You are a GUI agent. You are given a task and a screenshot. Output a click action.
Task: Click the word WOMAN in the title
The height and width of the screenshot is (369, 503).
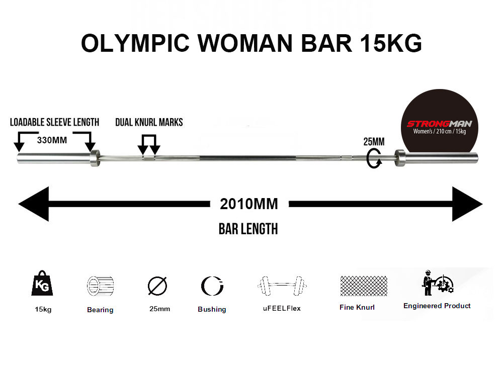coord(245,43)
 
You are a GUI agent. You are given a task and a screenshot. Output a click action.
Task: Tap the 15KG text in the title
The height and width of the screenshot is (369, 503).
coord(391,43)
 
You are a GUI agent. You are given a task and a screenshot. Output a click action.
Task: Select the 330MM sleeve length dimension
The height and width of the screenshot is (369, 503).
coord(52,140)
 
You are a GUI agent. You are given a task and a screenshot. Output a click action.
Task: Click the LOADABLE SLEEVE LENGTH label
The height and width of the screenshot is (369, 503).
coord(54,122)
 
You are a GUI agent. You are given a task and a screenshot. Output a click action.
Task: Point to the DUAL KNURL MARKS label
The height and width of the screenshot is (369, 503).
coord(149,122)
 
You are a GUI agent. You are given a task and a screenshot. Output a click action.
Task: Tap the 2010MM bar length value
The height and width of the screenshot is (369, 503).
coord(249,204)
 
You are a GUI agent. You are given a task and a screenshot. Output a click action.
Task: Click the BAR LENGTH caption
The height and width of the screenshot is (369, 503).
coord(248,229)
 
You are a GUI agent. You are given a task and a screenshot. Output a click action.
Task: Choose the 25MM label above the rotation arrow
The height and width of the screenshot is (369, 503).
coord(374,142)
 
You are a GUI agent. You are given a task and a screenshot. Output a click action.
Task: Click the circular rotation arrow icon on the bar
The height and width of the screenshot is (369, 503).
coord(368,159)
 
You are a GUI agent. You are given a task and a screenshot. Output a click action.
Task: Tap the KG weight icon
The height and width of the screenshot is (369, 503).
coord(42,283)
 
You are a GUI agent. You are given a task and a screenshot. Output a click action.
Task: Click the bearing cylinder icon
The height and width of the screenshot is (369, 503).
coord(101,286)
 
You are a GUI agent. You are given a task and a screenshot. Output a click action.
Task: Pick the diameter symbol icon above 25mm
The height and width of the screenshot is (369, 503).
coord(157,286)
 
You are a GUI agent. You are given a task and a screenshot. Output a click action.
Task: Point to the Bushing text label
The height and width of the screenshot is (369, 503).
coord(212,309)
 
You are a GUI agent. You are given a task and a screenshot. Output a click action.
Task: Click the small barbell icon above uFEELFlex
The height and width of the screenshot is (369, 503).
coord(282,286)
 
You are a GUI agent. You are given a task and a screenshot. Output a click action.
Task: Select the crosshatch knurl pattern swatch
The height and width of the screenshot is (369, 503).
coord(364,286)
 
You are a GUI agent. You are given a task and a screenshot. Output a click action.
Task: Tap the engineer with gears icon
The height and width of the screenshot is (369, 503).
coord(437,283)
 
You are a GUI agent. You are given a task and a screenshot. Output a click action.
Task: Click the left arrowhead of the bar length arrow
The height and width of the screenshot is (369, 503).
coord(34,204)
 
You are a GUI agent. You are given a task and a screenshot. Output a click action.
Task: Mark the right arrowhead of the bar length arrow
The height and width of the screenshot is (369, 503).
coord(467,204)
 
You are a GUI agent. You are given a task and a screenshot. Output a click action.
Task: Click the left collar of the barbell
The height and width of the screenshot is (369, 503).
coord(95,158)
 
